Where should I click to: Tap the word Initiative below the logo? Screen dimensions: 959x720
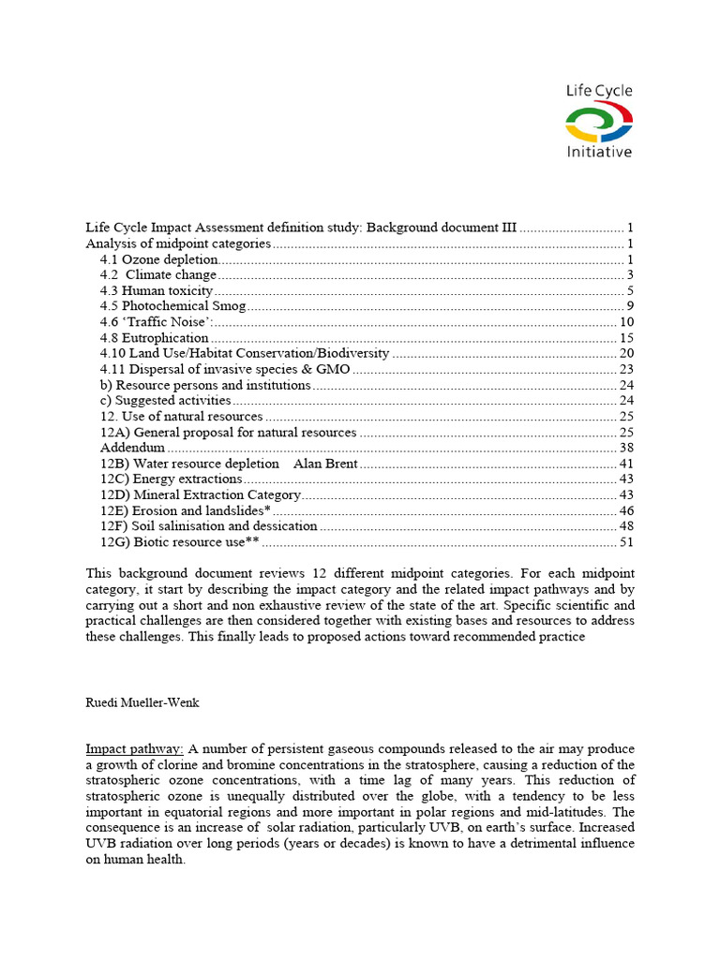[599, 151]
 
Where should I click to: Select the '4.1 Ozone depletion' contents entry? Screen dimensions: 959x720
[158, 259]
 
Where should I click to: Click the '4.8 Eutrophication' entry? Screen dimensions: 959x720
[154, 338]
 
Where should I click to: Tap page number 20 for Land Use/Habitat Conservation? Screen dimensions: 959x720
[627, 353]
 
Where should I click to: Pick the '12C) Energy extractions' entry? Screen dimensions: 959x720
[171, 479]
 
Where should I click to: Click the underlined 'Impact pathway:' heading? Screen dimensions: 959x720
[135, 749]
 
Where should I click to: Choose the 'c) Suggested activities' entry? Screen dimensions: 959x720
[165, 401]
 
